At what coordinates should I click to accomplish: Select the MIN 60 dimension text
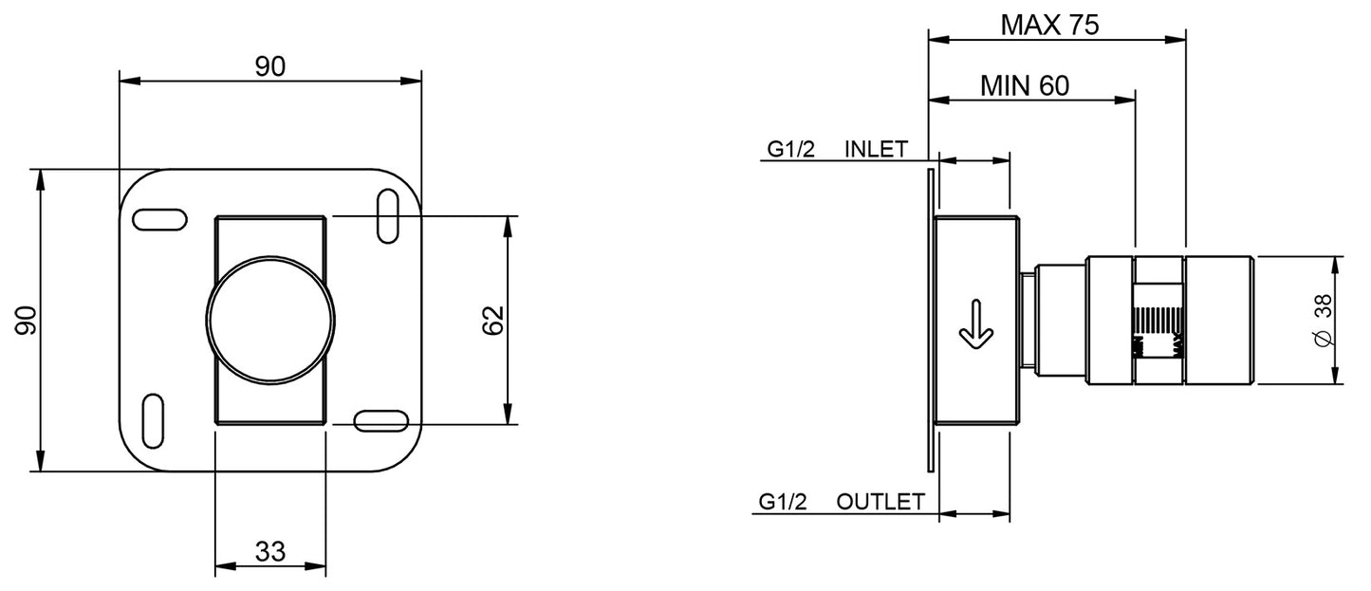[1024, 85]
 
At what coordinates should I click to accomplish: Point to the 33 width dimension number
[270, 551]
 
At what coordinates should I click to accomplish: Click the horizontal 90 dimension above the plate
[270, 65]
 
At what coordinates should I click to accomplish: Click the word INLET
[876, 149]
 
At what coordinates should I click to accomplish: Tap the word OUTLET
[880, 502]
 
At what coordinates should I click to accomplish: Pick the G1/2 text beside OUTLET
[783, 502]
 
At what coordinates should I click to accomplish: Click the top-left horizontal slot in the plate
[159, 219]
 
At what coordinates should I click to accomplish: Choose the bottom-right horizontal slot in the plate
[380, 419]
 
